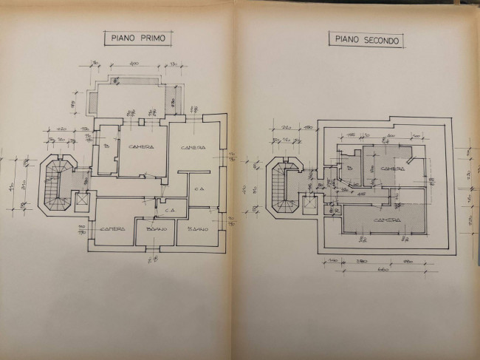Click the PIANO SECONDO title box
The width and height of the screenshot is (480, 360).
coord(368,41)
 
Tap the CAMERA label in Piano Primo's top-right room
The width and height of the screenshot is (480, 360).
coord(193,148)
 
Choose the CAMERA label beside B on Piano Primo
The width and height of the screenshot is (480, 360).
coord(140,147)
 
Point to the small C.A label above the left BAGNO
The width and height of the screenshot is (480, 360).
coord(169,210)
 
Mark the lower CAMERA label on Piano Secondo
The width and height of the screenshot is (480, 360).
coord(387,220)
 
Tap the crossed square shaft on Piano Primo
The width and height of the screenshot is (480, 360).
coord(81,200)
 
